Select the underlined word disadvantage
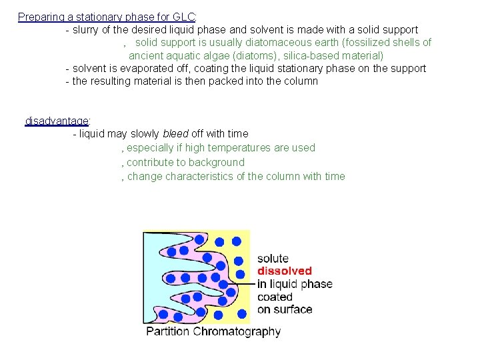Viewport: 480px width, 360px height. (57, 121)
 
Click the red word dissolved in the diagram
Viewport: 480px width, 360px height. (285, 271)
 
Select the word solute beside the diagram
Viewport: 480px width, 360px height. (273, 259)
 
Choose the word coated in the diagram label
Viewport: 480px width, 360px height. (275, 297)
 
